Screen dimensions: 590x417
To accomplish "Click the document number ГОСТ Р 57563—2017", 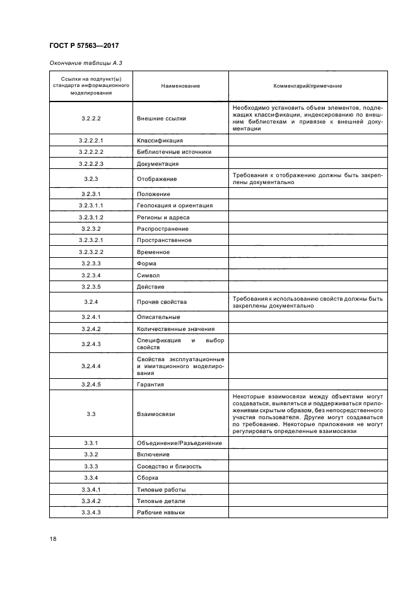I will pyautogui.click(x=84, y=46).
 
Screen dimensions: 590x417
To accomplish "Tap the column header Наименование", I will pyautogui.click(x=180, y=86).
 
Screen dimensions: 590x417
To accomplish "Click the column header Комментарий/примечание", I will pyautogui.click(x=307, y=86).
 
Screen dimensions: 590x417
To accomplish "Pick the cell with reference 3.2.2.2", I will pyautogui.click(x=91, y=119).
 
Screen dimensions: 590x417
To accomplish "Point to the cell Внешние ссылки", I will pyautogui.click(x=161, y=119).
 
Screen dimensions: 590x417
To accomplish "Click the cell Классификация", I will pyautogui.click(x=160, y=141).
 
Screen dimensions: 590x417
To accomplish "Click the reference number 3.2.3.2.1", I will pyautogui.click(x=91, y=240).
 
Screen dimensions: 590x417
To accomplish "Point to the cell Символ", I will pyautogui.click(x=148, y=275).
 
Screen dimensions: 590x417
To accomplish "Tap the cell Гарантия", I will pyautogui.click(x=151, y=385).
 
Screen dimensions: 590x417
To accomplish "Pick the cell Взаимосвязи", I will pyautogui.click(x=156, y=414).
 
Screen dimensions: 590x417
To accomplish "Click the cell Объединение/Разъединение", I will pyautogui.click(x=179, y=443).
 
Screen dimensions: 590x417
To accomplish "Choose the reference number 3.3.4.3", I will pyautogui.click(x=91, y=512).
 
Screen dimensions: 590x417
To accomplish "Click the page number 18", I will pyautogui.click(x=53, y=539).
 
